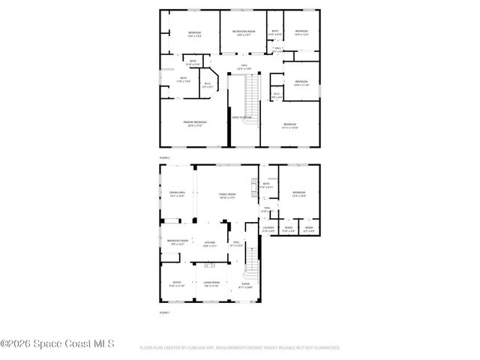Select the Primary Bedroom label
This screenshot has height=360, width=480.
195,121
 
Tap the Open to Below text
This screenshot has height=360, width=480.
241,118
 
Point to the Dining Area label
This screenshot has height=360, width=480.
177,193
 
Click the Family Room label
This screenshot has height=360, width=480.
227,194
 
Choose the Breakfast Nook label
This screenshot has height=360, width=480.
178,240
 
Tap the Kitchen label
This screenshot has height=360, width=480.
210,242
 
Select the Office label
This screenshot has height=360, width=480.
177,283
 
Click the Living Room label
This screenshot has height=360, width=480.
211,283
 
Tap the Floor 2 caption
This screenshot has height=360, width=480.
165,158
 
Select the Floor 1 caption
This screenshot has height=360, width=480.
165,311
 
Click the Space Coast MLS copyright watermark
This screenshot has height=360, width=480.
58,343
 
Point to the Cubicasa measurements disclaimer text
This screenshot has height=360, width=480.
240,348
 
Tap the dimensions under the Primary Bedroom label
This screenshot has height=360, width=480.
195,125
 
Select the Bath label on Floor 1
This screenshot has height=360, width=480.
266,183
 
